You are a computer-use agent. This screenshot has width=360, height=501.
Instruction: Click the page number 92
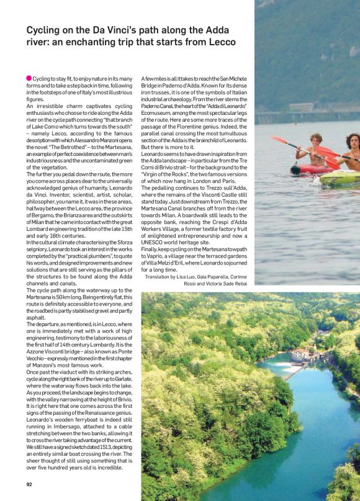(x=29, y=484)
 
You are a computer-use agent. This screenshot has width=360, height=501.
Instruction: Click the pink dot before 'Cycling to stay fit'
(x=29, y=78)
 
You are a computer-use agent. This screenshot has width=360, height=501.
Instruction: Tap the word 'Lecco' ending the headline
(x=221, y=42)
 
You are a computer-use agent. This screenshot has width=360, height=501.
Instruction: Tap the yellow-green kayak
(x=339, y=179)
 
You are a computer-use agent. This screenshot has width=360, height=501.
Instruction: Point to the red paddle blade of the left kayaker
(x=277, y=141)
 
